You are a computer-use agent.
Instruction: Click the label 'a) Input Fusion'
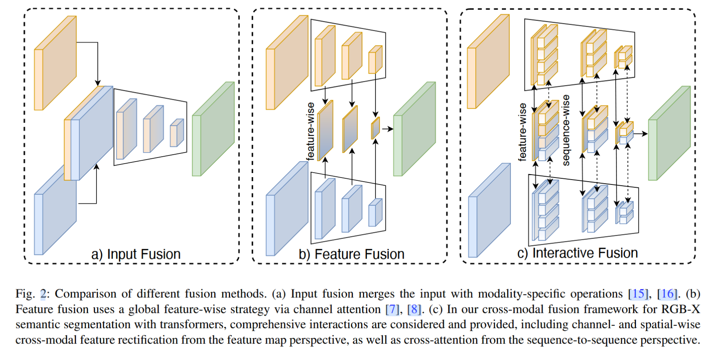[x=136, y=254]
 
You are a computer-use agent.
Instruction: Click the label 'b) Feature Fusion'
[x=351, y=254]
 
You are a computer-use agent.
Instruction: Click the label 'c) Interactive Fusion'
[x=577, y=253]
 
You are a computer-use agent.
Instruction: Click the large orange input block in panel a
[x=55, y=63]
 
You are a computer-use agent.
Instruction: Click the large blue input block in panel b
[x=287, y=209]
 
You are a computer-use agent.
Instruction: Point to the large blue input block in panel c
[x=489, y=211]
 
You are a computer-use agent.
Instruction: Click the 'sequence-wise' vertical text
[x=566, y=130]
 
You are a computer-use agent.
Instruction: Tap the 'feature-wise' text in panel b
[x=310, y=131]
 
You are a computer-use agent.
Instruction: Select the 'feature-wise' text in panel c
[x=522, y=132]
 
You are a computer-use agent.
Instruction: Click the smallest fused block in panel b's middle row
[x=375, y=128]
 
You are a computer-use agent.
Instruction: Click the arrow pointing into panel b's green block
[x=387, y=129]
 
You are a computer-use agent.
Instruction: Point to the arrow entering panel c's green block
[x=641, y=134]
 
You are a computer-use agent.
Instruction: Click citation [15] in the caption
[x=638, y=294]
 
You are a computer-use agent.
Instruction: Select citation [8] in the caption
[x=414, y=309]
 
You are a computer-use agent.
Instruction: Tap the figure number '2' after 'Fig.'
[x=43, y=294]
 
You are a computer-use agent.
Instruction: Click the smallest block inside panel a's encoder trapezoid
[x=177, y=133]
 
